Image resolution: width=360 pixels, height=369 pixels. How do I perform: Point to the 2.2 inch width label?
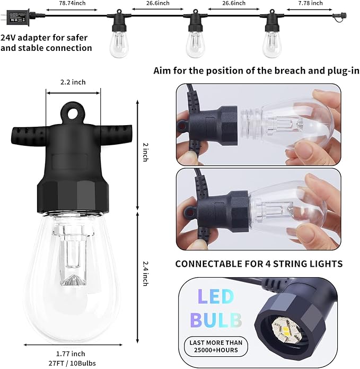click(x=73, y=82)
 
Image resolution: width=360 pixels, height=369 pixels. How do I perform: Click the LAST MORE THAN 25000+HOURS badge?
click(x=216, y=346)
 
